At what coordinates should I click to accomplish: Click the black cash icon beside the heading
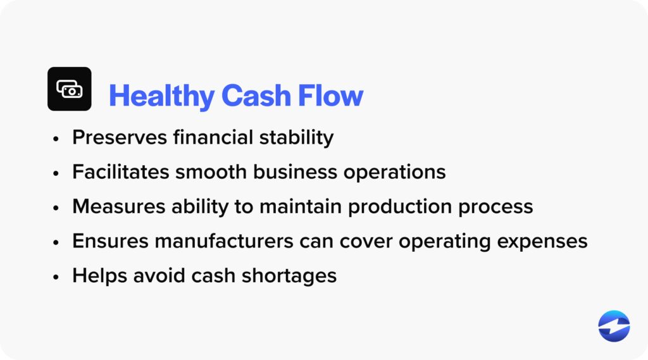coord(70,89)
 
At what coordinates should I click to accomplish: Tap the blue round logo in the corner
coord(614,326)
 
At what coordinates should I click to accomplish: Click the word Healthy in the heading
coord(161,96)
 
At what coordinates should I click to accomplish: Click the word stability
coord(301,137)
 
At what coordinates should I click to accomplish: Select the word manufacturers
coord(220,242)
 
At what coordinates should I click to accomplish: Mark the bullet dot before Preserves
coord(57,138)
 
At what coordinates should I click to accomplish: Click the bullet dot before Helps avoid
coord(57,277)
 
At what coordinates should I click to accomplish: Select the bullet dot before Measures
coord(57,208)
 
